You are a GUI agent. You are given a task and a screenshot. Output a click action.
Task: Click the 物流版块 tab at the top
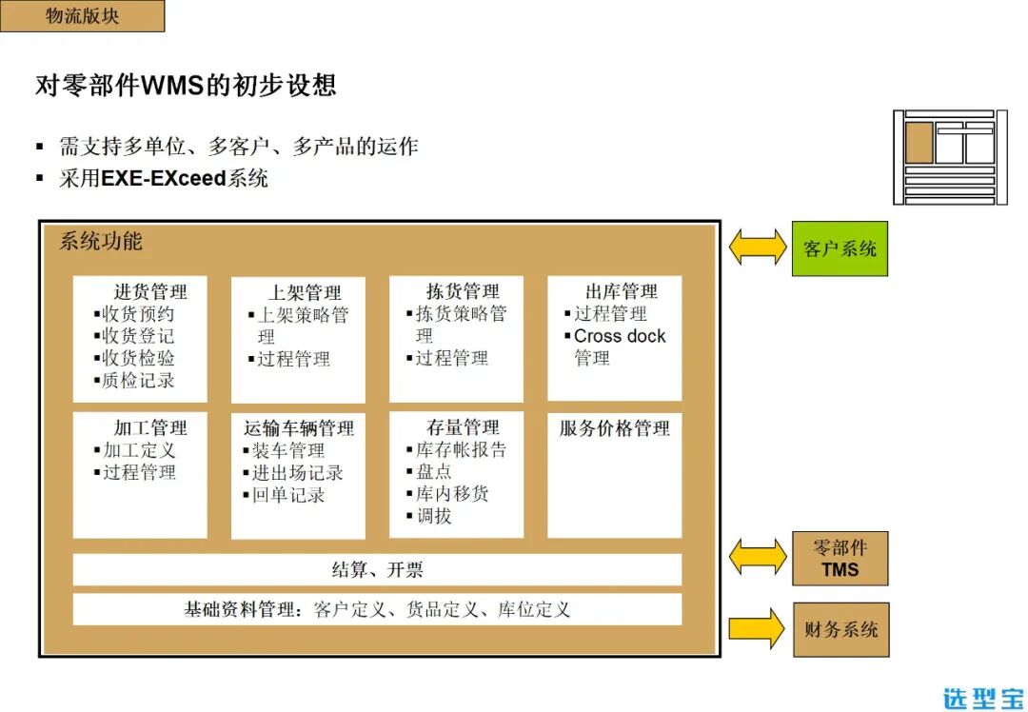(x=82, y=16)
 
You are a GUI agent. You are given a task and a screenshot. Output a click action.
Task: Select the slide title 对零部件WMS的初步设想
(x=186, y=86)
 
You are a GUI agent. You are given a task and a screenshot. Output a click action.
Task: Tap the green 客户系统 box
(x=840, y=248)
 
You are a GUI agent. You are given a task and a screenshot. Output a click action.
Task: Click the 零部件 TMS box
(x=840, y=559)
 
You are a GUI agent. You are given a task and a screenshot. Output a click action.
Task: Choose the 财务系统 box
(x=840, y=629)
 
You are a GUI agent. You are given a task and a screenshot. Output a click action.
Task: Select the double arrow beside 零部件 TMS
(x=758, y=558)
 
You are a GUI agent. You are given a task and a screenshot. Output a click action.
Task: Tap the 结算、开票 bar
(x=377, y=570)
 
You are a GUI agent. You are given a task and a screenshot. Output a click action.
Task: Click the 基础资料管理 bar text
(x=377, y=609)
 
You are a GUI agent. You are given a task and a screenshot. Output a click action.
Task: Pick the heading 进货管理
(x=150, y=292)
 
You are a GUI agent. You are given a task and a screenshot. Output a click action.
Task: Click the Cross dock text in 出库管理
(x=620, y=336)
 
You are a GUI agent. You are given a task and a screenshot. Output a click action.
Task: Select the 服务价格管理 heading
(x=614, y=428)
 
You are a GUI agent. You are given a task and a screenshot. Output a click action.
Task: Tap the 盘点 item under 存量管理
(x=434, y=471)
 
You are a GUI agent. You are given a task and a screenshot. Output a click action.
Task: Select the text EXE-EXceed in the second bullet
(x=165, y=178)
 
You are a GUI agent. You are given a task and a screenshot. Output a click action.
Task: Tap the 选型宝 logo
(x=982, y=698)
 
